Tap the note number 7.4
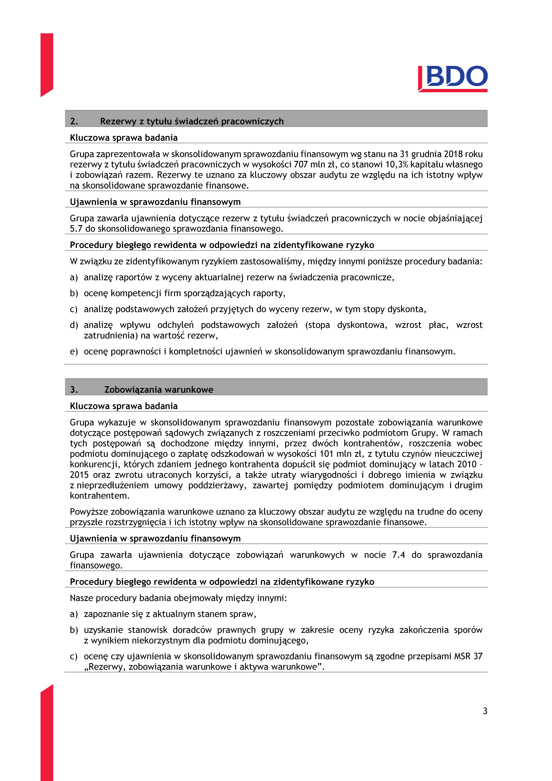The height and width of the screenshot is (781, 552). tap(398, 555)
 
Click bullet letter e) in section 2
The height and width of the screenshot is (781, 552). tap(74, 351)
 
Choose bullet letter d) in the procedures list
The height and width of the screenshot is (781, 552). tap(74, 325)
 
